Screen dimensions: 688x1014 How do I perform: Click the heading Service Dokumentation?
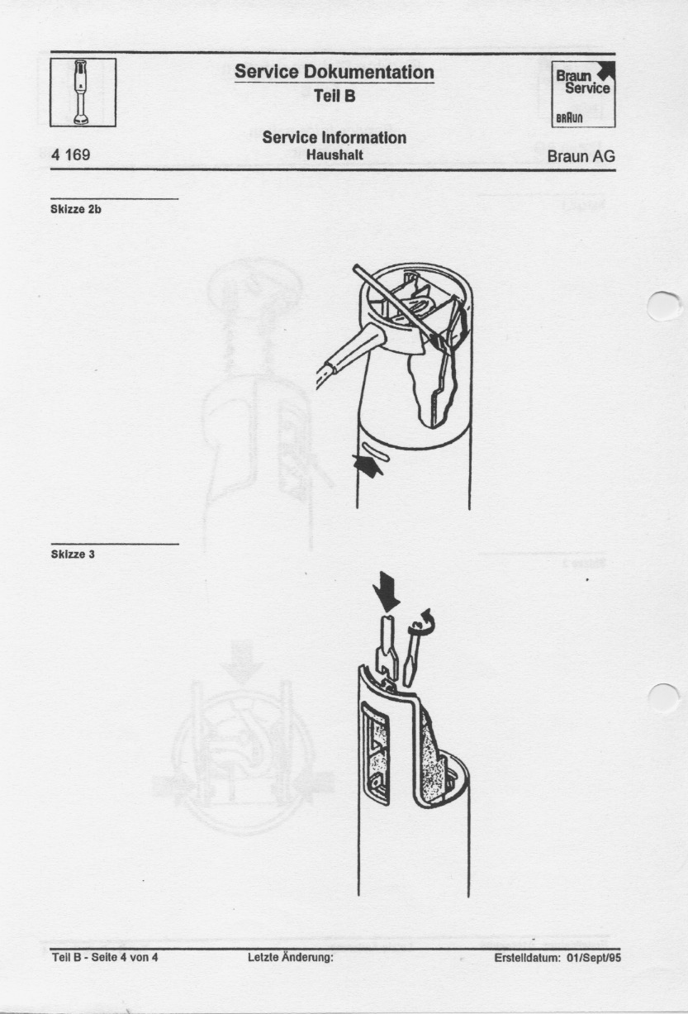coord(335,72)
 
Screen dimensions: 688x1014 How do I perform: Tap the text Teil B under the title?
coord(335,96)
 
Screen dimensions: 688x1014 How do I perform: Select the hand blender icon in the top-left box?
coord(82,92)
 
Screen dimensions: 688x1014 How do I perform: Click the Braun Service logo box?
coord(583,93)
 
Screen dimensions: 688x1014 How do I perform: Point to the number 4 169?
coord(70,155)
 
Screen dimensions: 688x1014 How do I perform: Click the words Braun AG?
coord(581,156)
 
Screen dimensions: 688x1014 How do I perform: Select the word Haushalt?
coord(335,155)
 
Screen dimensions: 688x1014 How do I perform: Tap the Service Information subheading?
coord(335,137)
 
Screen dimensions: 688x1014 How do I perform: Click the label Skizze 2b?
coord(76,210)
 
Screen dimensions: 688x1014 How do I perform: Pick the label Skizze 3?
coord(73,554)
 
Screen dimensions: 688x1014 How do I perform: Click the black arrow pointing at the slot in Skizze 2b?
coord(368,466)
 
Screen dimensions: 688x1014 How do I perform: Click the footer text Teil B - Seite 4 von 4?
coord(105,958)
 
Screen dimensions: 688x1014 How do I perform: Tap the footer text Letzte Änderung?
coord(291,958)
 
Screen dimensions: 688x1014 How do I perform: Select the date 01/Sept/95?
coord(594,958)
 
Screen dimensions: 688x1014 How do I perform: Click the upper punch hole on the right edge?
coord(663,307)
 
